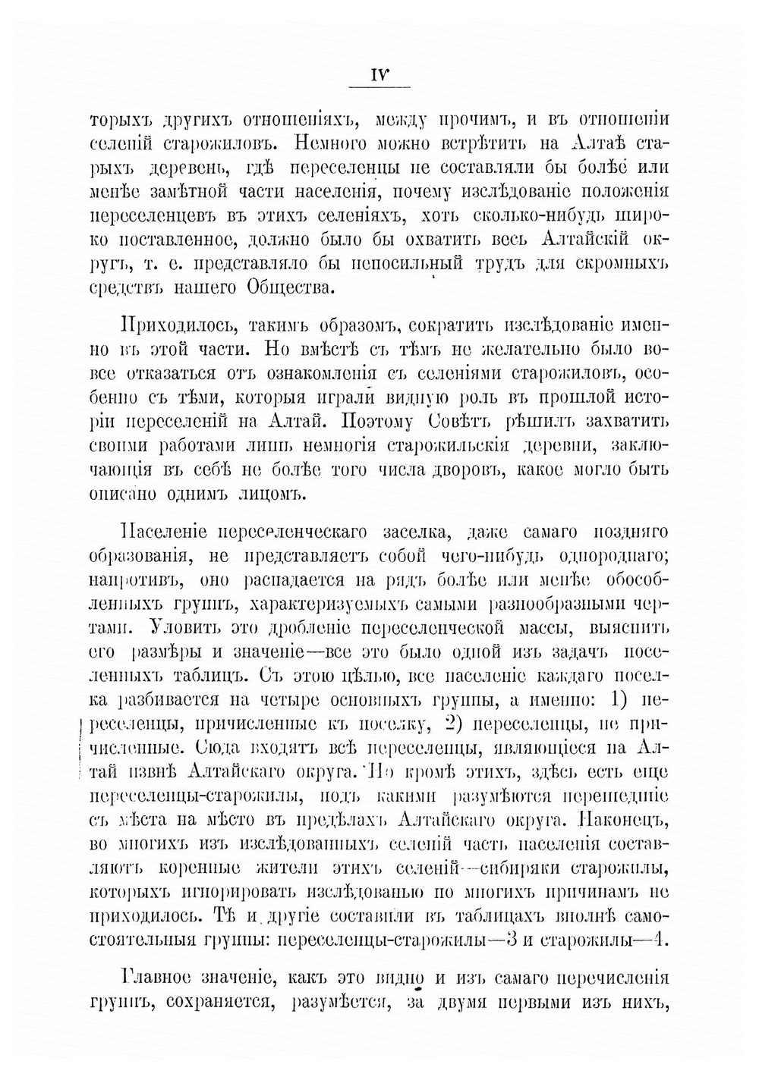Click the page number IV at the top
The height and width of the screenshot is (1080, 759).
[x=379, y=76]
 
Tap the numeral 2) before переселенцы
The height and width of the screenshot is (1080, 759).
[x=458, y=721]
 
